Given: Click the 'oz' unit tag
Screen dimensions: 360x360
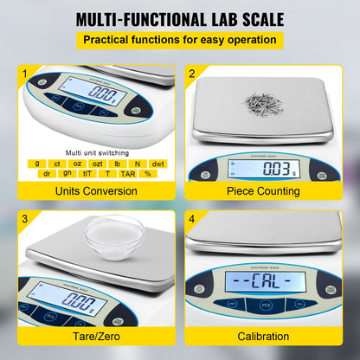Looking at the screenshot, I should (78, 163).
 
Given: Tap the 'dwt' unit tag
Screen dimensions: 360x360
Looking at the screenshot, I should (157, 163).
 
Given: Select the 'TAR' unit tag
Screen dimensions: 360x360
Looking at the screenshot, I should (128, 173).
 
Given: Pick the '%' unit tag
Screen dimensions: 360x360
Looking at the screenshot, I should (148, 173).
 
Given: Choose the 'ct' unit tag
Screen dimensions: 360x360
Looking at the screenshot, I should (57, 163).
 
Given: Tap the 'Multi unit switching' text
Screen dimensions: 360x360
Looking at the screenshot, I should (95, 150).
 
